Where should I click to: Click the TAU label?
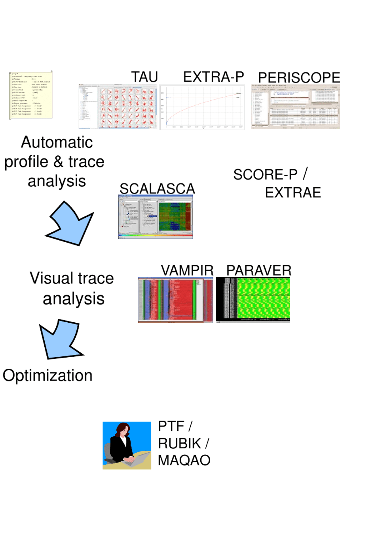(144, 77)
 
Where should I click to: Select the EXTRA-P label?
(213, 77)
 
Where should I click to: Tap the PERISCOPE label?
(299, 78)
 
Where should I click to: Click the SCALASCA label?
(157, 189)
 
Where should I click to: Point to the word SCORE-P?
(265, 175)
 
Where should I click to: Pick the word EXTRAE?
(293, 193)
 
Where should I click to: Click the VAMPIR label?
(187, 271)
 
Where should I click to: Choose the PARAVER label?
(259, 271)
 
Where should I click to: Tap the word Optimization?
(47, 376)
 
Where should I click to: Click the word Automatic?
(57, 142)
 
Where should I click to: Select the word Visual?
(49, 278)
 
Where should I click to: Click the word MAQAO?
(184, 460)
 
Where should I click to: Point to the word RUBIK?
(180, 443)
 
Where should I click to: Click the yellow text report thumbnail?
(31, 95)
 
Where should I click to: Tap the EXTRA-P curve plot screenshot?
(202, 107)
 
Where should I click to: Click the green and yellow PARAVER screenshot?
(253, 300)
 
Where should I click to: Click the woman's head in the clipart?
(123, 430)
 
